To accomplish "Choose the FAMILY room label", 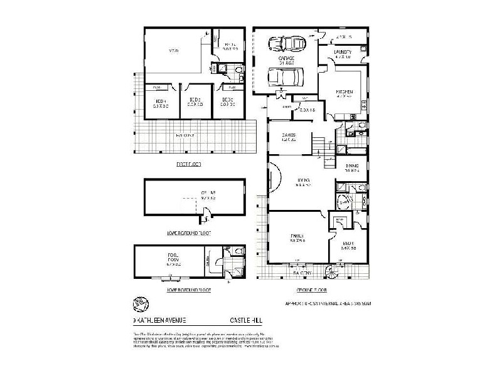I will pos(297,238).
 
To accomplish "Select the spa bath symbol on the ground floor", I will pos(344,203).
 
